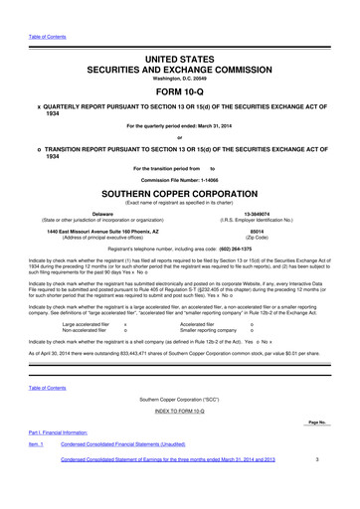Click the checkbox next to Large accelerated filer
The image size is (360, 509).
(125, 323)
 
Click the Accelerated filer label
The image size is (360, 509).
(196, 323)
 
